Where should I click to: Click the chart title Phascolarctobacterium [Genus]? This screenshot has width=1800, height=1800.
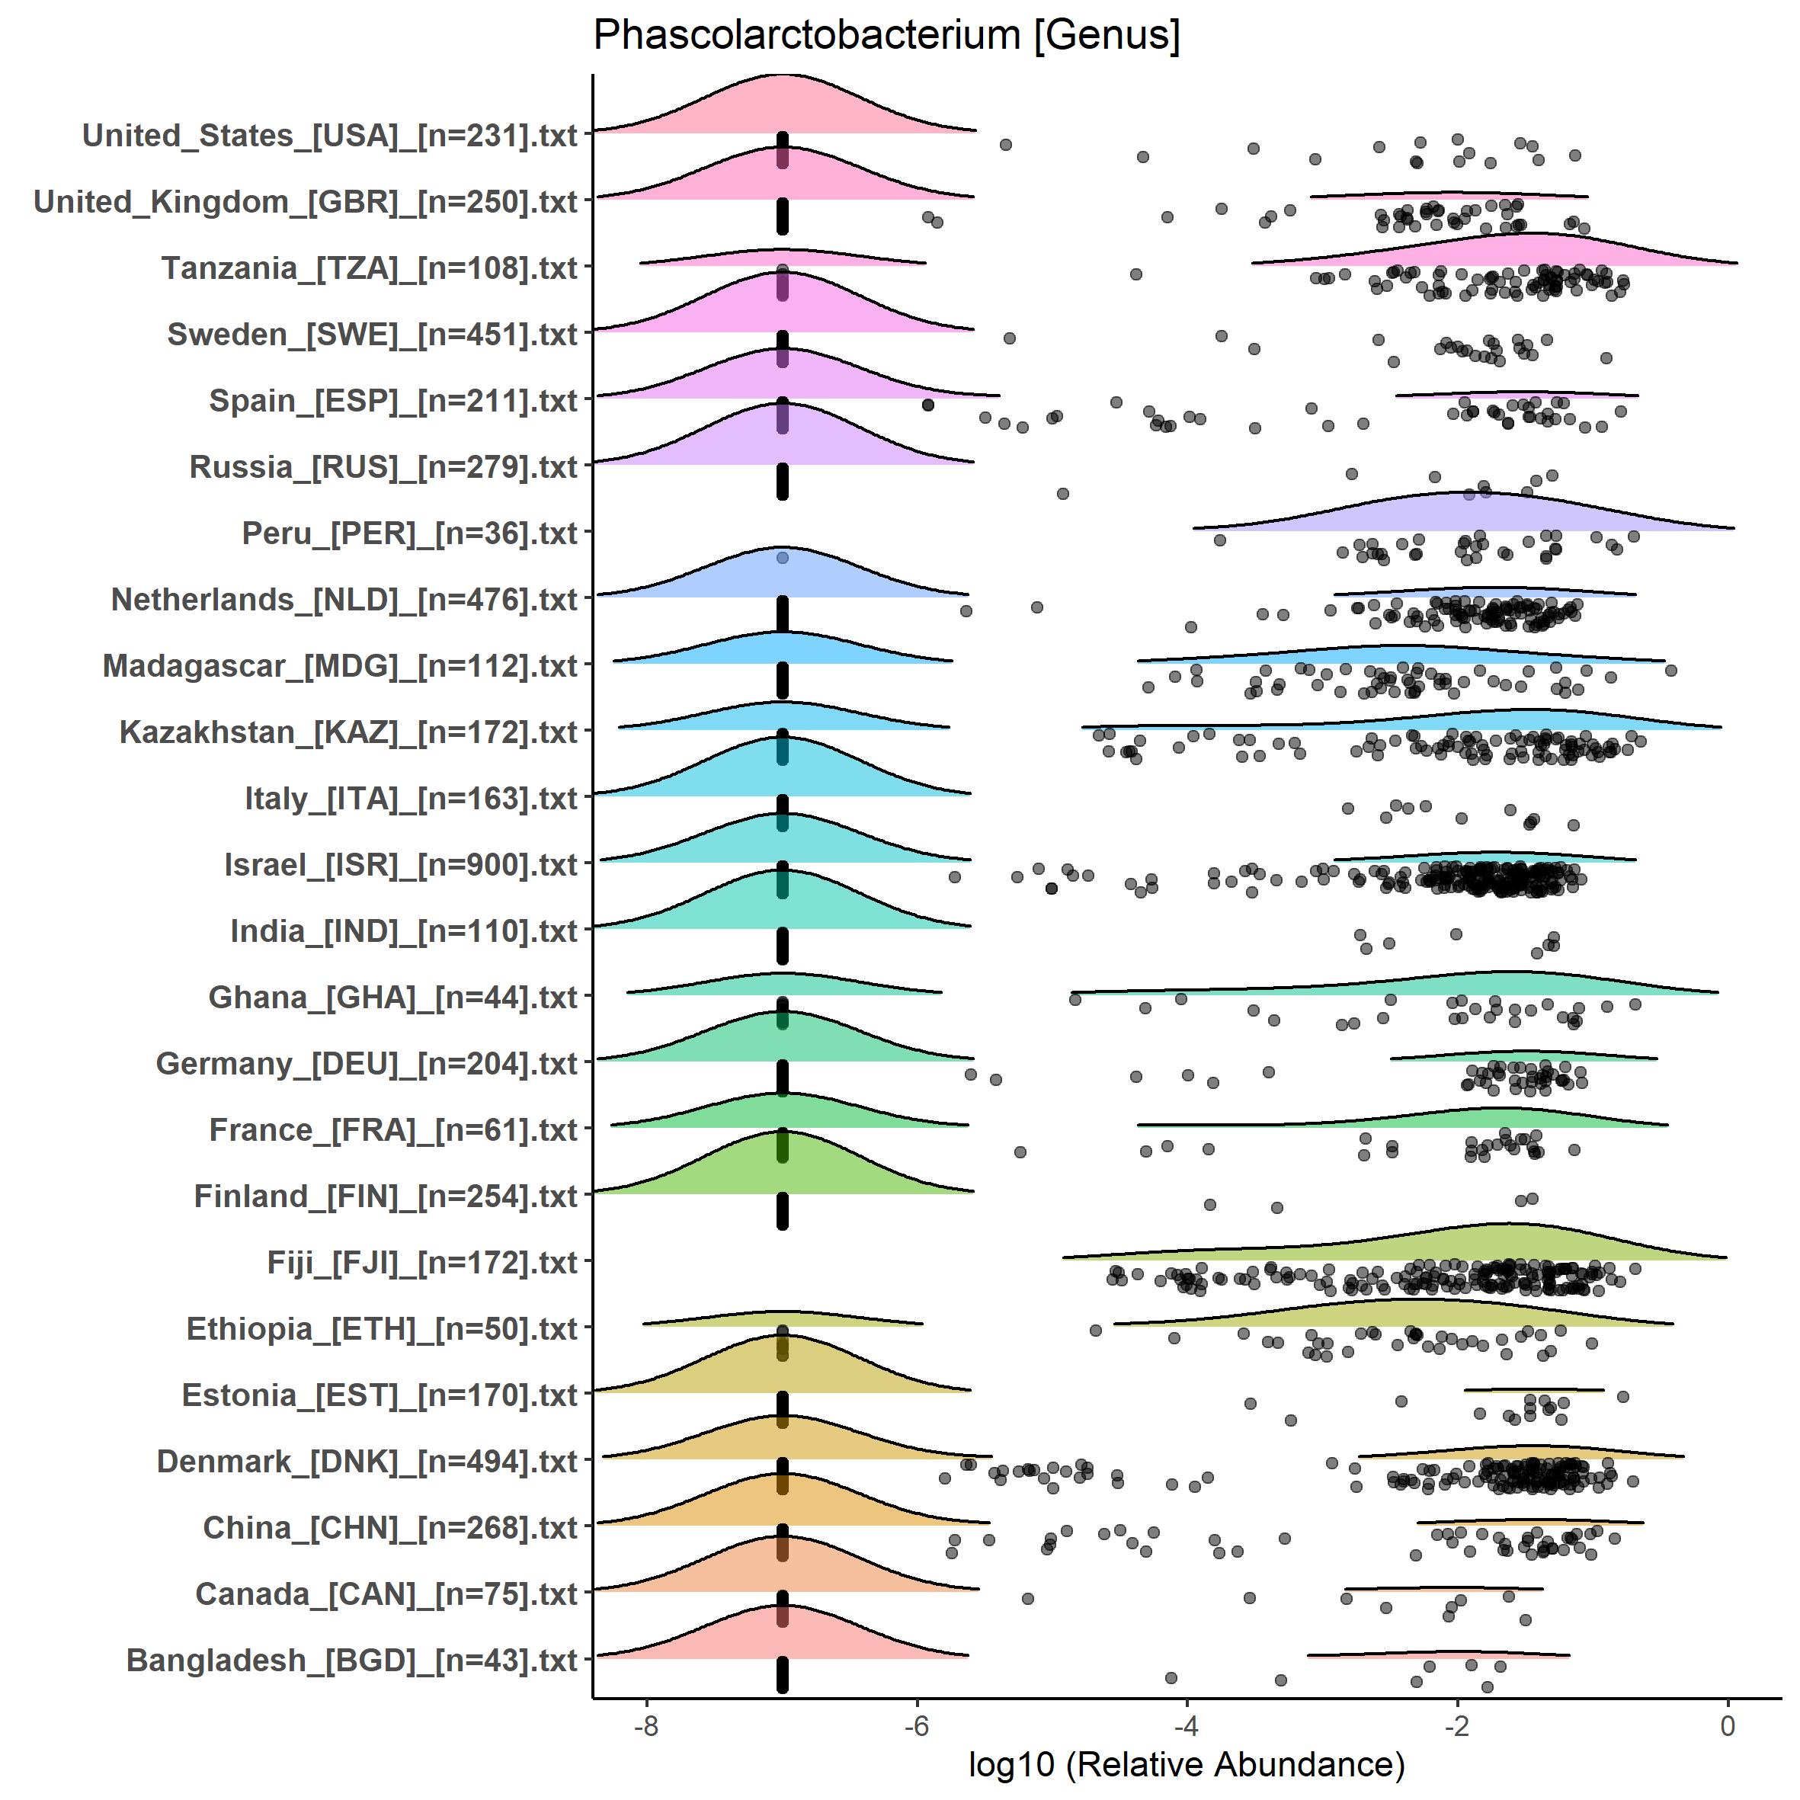point(886,37)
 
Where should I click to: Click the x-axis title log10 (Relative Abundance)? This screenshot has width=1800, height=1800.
point(1186,1763)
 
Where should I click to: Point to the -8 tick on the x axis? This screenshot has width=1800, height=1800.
point(645,1725)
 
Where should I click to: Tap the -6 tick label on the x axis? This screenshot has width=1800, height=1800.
point(917,1725)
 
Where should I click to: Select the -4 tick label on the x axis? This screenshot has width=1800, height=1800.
point(1186,1725)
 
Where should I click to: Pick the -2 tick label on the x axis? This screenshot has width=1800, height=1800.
point(1457,1725)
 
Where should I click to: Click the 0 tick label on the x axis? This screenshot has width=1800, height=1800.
point(1728,1725)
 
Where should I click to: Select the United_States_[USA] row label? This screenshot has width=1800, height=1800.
point(330,136)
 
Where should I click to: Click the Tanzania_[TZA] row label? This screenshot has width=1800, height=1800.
point(370,268)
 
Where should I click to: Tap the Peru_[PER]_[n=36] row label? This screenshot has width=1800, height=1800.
point(410,534)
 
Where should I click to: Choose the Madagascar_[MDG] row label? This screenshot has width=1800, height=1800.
point(340,666)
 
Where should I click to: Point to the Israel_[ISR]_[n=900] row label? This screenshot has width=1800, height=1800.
point(401,866)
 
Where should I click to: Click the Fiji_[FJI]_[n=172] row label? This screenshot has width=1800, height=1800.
point(422,1264)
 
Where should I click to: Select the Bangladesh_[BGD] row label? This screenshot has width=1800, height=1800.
point(352,1661)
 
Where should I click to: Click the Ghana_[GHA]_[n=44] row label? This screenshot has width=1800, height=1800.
point(393,998)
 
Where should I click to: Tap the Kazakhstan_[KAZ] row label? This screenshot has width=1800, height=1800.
point(348,732)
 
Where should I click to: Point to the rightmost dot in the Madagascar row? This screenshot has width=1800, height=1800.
point(1670,671)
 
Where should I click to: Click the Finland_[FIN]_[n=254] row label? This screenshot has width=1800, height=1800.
point(386,1196)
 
